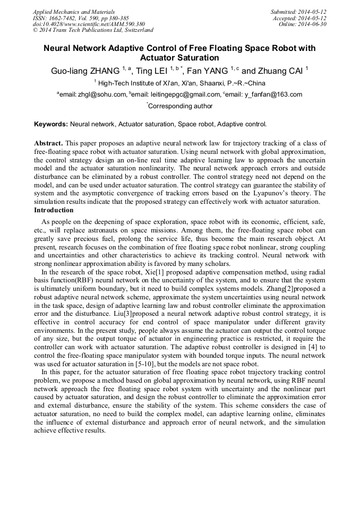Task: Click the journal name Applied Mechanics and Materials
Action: coord(74,12)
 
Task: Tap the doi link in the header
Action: coord(89,24)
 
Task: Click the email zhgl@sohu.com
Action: coord(102,94)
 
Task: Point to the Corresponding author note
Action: coord(179,106)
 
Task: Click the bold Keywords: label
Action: coord(51,124)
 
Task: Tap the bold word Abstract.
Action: coord(48,143)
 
